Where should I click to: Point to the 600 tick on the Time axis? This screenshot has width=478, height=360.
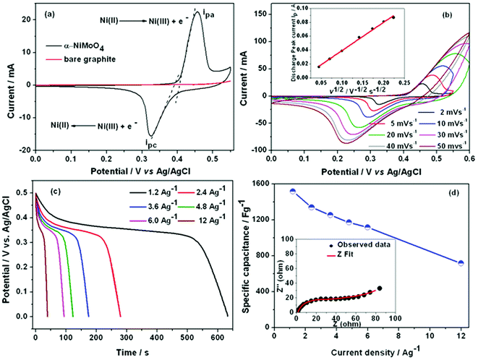point(218,326)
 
